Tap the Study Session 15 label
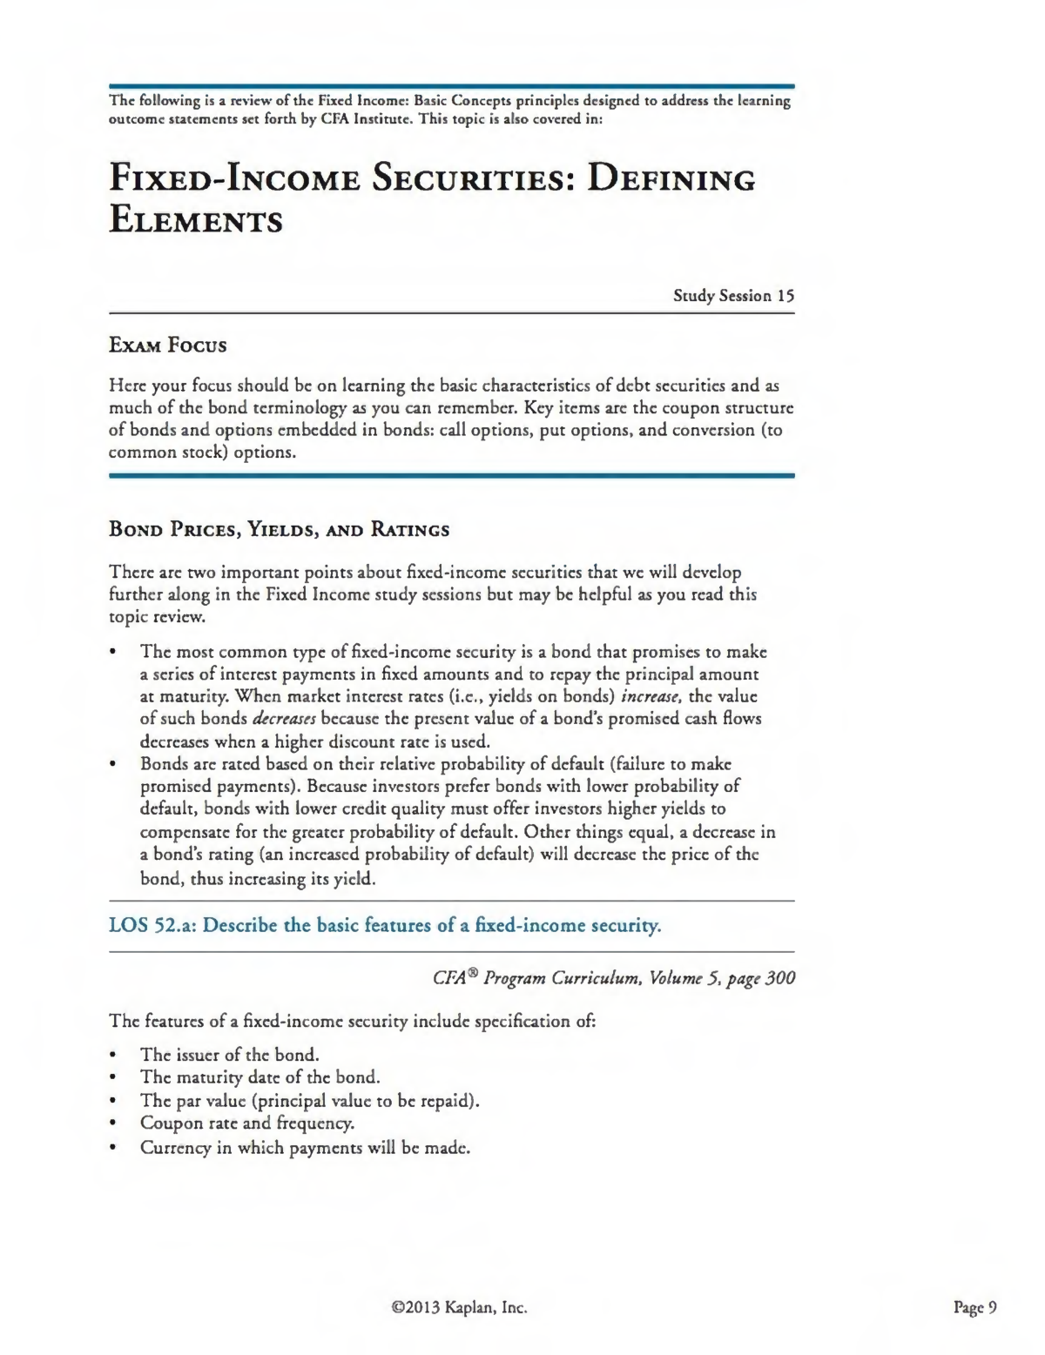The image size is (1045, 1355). pos(733,296)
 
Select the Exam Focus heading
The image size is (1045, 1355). pos(167,345)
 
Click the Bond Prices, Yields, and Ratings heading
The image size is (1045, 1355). pos(279,529)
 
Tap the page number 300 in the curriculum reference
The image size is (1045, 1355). pos(780,977)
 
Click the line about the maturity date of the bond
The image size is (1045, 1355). pos(260,1077)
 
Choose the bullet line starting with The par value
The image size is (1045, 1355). pos(310,1100)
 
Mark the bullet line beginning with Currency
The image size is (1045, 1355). pos(305,1147)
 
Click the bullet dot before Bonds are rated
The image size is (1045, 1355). pos(113,764)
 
